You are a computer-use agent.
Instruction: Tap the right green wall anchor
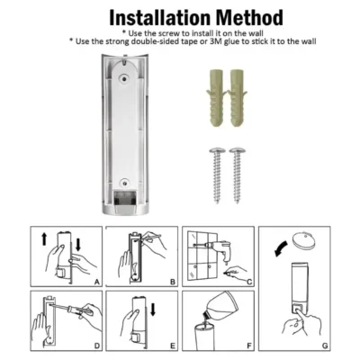[x=238, y=97]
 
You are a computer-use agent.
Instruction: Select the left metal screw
[x=217, y=175]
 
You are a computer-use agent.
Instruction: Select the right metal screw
[x=238, y=175]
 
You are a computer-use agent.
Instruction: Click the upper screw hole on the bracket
[x=123, y=78]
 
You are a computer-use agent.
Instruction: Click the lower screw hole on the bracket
[x=123, y=182]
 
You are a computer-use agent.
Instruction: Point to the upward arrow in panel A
[x=44, y=239]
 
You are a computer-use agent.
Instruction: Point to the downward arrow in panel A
[x=78, y=245]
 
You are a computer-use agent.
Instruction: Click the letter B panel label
[x=173, y=282]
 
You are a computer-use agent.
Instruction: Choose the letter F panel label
[x=249, y=346]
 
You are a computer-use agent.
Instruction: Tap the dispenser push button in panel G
[x=298, y=310]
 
